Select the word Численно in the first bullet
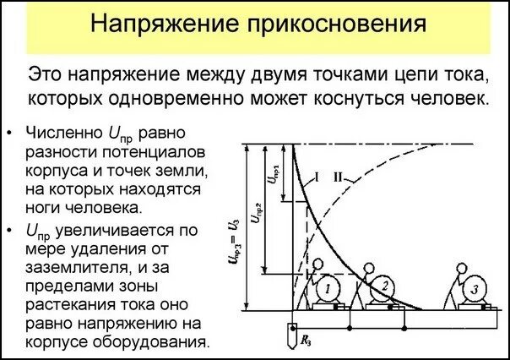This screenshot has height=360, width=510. point(62,134)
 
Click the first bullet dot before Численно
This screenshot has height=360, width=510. point(8,134)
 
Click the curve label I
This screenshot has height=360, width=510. point(316,177)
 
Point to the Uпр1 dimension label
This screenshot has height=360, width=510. point(272,172)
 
